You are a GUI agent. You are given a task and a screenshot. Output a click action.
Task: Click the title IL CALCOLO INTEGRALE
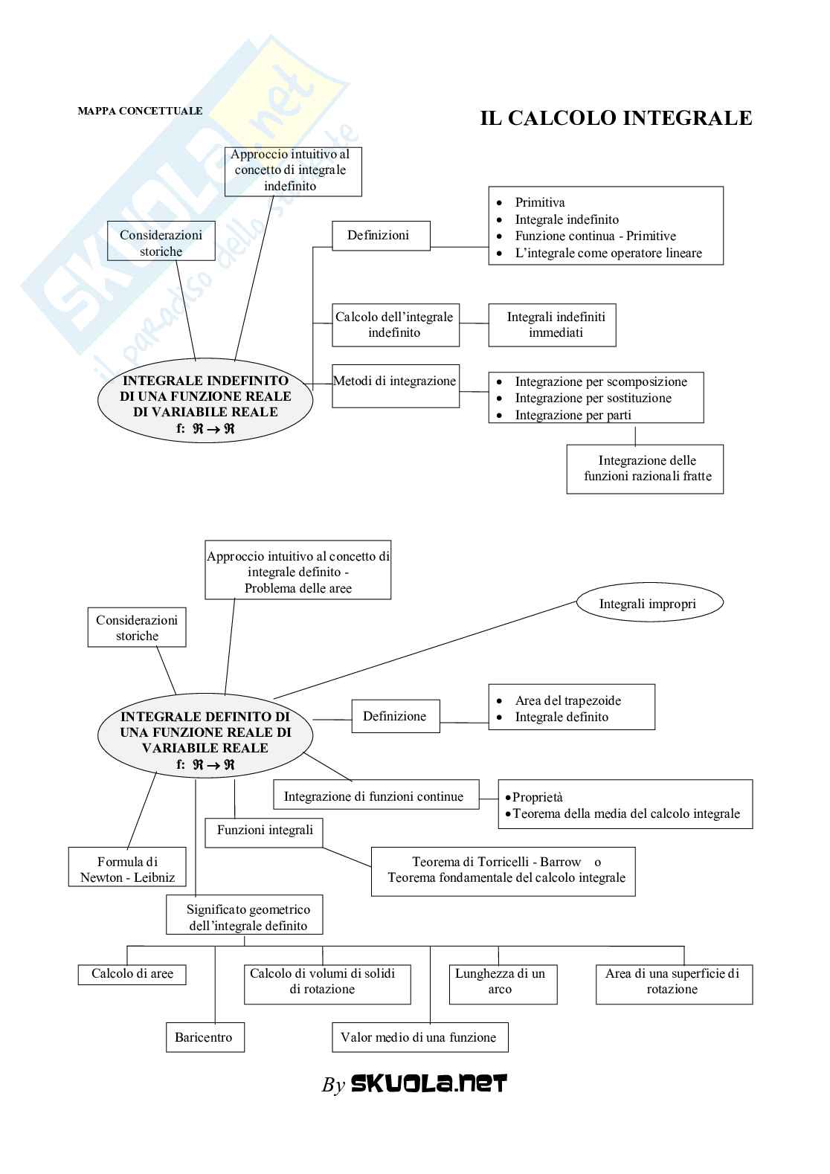click(x=616, y=118)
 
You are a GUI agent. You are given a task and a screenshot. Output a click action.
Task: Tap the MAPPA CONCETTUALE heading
click(x=140, y=111)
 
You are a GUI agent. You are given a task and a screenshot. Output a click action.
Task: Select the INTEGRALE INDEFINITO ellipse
click(x=205, y=404)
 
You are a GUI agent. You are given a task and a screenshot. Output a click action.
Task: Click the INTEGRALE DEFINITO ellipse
click(x=205, y=741)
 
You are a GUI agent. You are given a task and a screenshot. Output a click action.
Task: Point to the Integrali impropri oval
click(x=648, y=604)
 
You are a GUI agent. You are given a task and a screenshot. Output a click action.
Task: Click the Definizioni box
click(x=380, y=236)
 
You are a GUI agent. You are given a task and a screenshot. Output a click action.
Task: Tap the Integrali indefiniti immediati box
click(x=552, y=325)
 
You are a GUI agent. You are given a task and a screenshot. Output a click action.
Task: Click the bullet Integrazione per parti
click(x=573, y=415)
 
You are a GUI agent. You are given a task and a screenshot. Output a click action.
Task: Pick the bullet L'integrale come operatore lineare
click(x=608, y=253)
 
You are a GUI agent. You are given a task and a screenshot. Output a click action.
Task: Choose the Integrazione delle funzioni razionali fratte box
click(x=645, y=468)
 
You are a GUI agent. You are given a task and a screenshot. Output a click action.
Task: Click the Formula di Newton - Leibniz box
click(x=127, y=870)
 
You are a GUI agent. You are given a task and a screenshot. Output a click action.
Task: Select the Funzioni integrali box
click(x=264, y=831)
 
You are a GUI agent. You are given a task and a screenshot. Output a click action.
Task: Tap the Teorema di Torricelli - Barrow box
click(x=503, y=871)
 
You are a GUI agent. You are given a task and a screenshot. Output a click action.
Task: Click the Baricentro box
click(x=204, y=1037)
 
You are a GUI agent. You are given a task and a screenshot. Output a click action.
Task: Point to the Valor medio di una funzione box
click(x=419, y=1037)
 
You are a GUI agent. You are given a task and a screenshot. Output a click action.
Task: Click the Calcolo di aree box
click(x=132, y=974)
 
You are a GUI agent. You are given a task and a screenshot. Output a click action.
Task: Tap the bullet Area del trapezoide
click(x=567, y=700)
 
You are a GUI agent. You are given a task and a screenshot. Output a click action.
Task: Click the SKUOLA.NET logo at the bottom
click(x=428, y=1083)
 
